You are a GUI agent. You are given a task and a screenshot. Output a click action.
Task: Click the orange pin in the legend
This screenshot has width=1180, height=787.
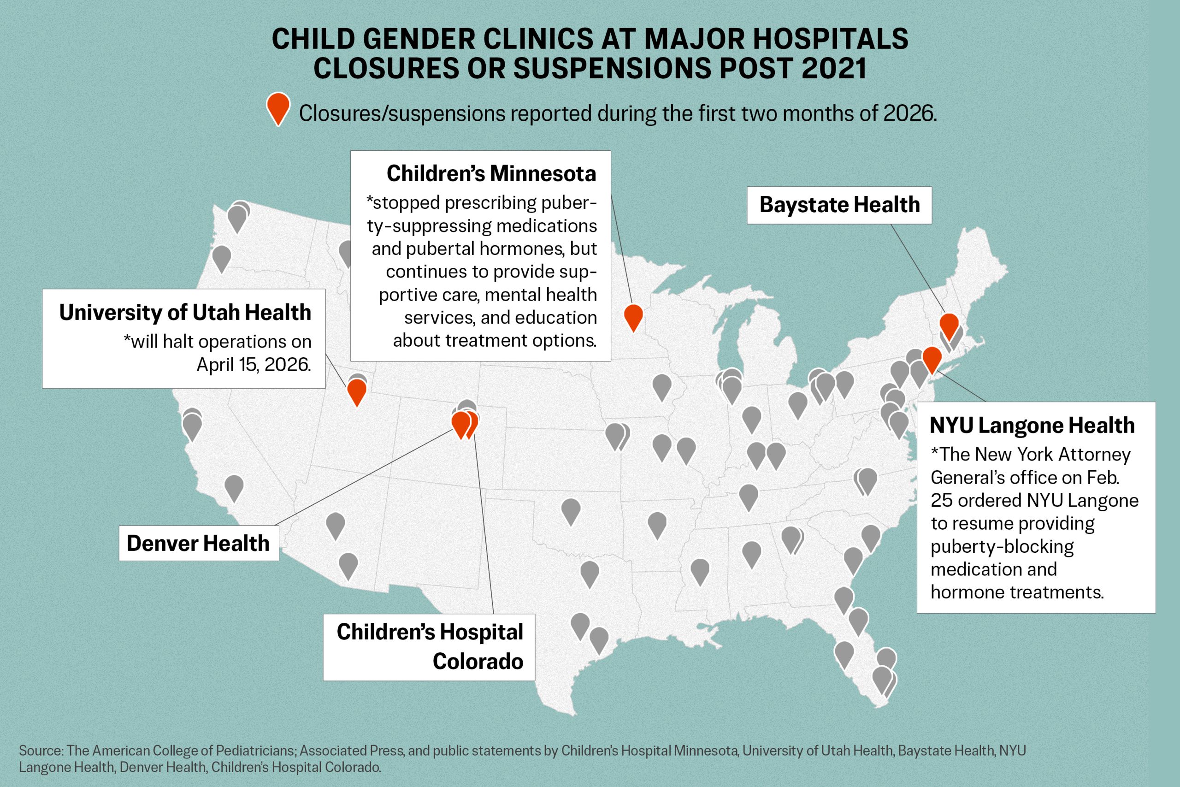click(x=278, y=107)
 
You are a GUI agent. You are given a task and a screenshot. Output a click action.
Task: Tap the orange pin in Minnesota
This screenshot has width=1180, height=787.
click(x=633, y=316)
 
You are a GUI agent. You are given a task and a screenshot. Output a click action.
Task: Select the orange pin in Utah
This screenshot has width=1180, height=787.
click(x=357, y=391)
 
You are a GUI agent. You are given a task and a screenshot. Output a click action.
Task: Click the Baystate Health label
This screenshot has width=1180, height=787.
click(x=839, y=205)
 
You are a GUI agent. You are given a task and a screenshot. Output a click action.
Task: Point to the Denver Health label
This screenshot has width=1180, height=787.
click(x=198, y=543)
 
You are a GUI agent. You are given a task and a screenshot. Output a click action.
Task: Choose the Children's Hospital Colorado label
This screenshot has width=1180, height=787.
click(x=429, y=646)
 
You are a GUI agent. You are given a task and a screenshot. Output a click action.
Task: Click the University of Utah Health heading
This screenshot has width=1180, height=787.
click(x=185, y=312)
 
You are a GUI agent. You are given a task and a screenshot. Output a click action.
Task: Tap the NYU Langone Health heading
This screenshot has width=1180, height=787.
click(x=1032, y=425)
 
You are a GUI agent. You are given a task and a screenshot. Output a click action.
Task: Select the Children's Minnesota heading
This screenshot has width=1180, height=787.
click(x=491, y=174)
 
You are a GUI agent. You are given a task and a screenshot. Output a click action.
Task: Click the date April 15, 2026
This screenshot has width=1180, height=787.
click(x=254, y=364)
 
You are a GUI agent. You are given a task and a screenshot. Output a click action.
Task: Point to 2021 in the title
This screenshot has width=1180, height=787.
click(x=834, y=68)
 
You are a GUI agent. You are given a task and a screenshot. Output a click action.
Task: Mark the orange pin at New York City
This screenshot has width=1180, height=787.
click(x=932, y=358)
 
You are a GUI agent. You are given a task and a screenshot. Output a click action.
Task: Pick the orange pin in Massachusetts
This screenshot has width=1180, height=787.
click(x=949, y=325)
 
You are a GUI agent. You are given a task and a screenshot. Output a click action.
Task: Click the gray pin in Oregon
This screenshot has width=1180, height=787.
click(x=221, y=256)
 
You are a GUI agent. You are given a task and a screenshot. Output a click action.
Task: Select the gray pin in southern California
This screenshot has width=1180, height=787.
click(x=234, y=486)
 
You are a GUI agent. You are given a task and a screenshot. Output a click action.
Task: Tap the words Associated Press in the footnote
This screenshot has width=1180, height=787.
click(x=352, y=751)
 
